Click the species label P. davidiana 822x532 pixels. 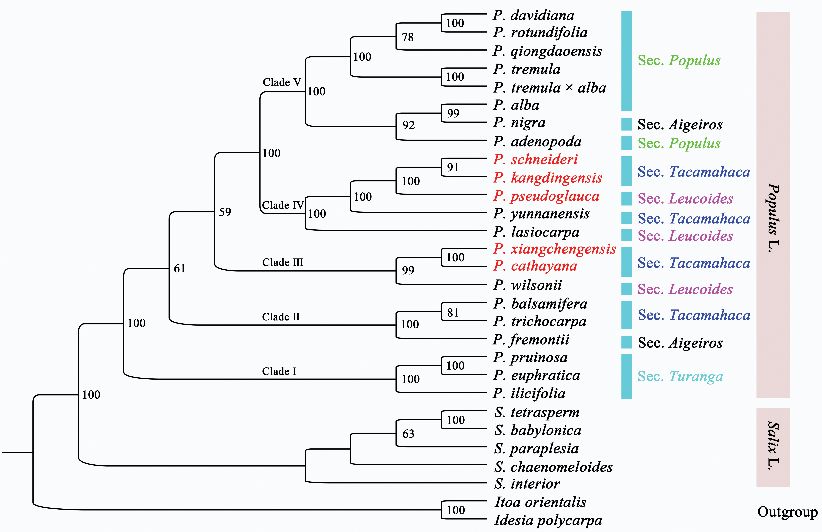click(534, 15)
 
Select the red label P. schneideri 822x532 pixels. click(535, 159)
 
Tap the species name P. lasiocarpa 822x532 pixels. click(536, 232)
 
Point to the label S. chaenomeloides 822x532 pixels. click(553, 467)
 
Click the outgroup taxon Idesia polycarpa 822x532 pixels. click(548, 520)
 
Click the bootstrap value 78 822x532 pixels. click(408, 37)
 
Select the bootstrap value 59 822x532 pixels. click(225, 212)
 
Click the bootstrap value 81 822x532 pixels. click(453, 312)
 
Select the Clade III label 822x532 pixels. click(282, 262)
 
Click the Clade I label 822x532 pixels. click(279, 371)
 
